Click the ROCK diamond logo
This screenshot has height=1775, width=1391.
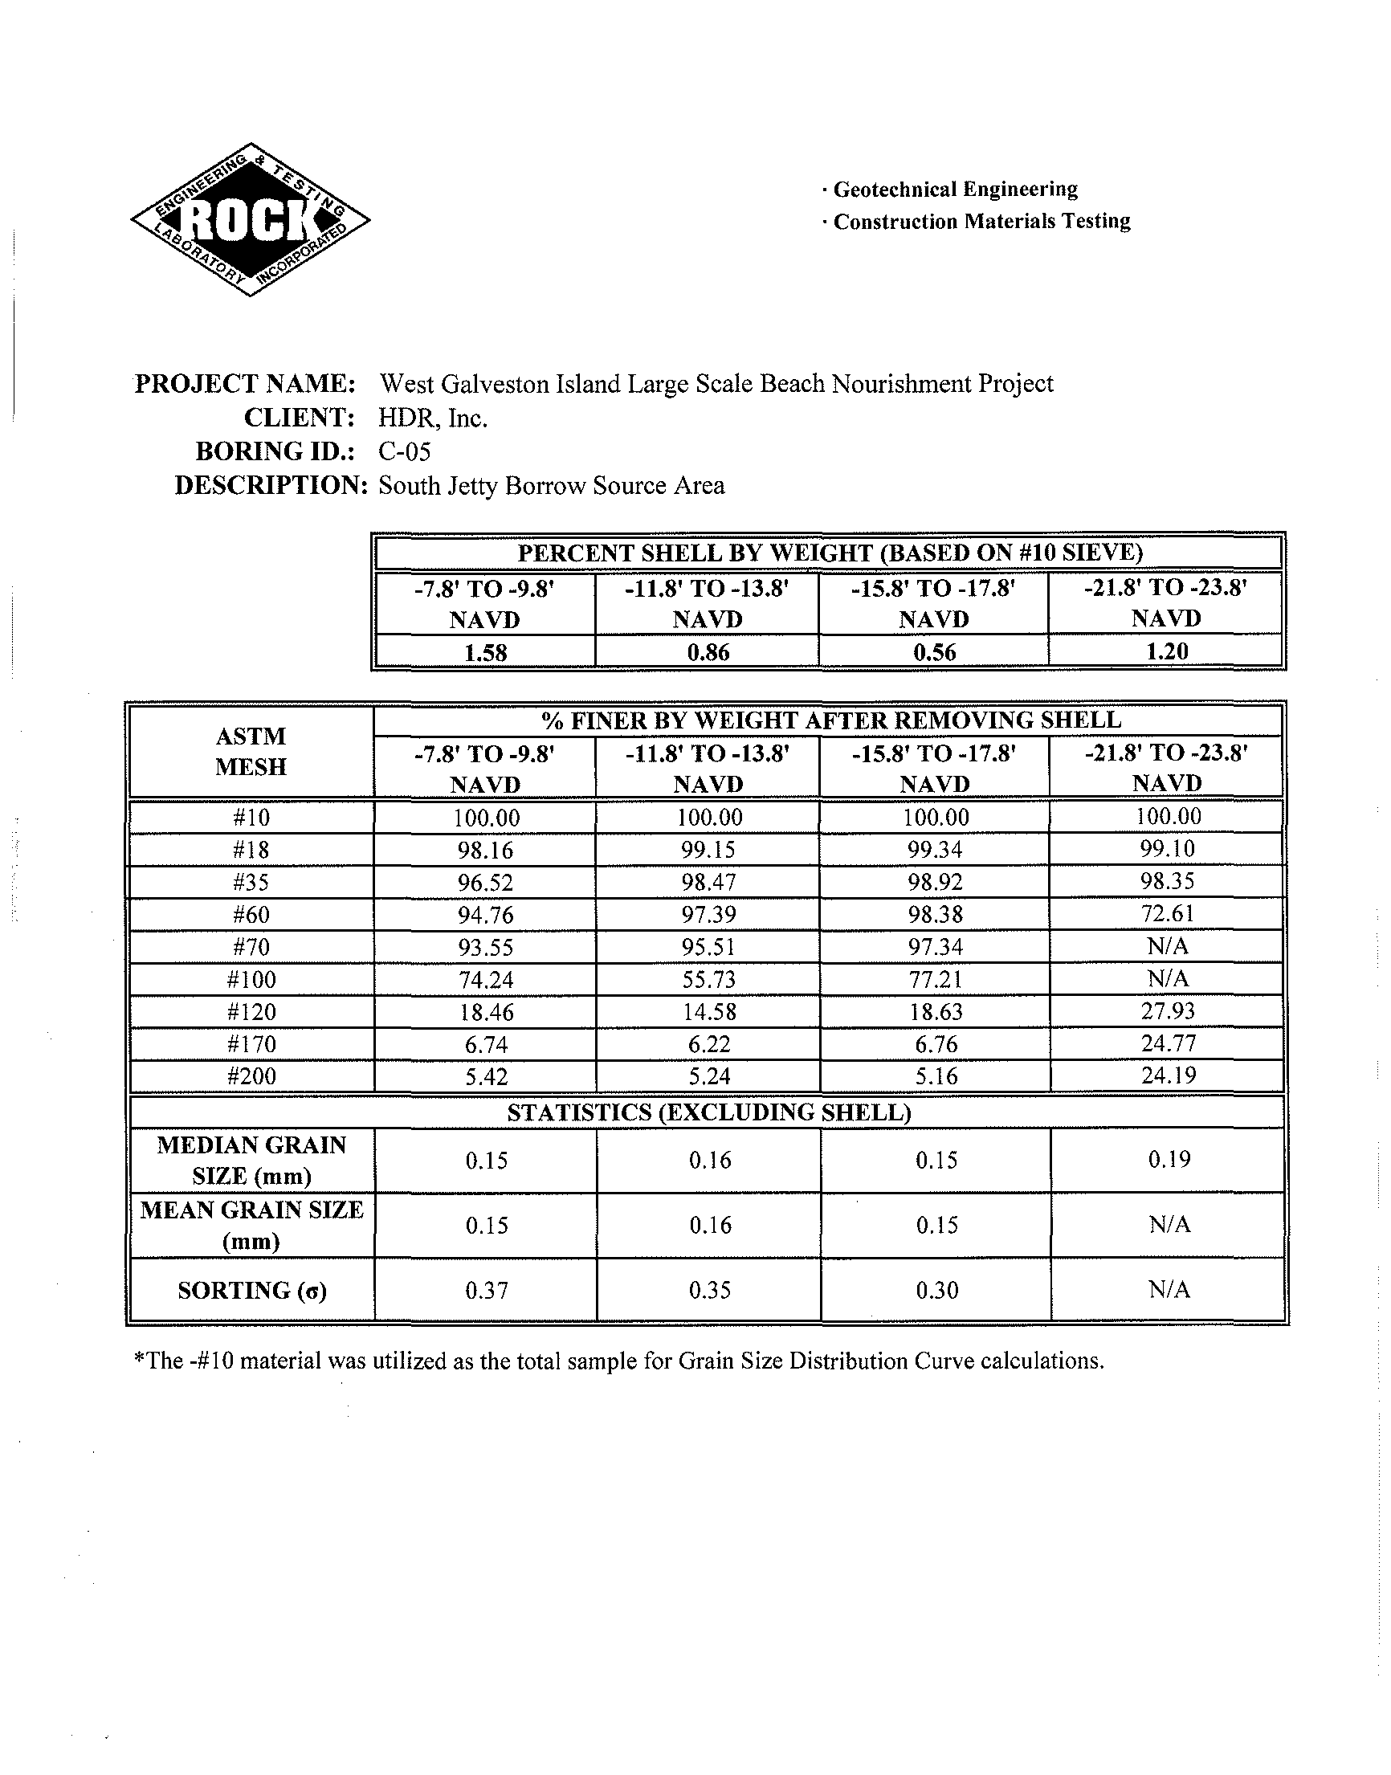pos(250,219)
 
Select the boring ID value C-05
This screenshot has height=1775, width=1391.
pos(404,451)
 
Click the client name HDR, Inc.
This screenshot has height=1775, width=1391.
pos(432,418)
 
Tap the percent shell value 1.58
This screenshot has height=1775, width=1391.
pos(485,652)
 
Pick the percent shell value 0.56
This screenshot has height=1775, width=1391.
pos(934,652)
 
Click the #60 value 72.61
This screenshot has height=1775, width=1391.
pos(1167,913)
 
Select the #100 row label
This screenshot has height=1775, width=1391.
pos(251,980)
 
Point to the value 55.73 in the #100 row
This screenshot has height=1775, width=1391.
pos(708,980)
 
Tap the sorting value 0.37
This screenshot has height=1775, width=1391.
pos(486,1290)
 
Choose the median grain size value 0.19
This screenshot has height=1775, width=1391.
pos(1169,1159)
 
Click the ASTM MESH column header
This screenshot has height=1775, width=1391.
pos(251,751)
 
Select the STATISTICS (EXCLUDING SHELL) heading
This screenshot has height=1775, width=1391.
pos(708,1112)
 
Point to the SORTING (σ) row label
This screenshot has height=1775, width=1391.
pos(251,1291)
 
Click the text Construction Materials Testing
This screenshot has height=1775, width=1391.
pos(981,222)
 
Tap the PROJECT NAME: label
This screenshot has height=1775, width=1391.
pos(244,383)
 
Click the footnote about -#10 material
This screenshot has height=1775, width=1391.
pos(618,1361)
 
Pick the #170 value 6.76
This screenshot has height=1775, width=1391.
pos(936,1044)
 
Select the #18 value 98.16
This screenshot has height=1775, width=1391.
pos(485,850)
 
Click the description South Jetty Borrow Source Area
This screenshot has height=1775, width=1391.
pos(552,485)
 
